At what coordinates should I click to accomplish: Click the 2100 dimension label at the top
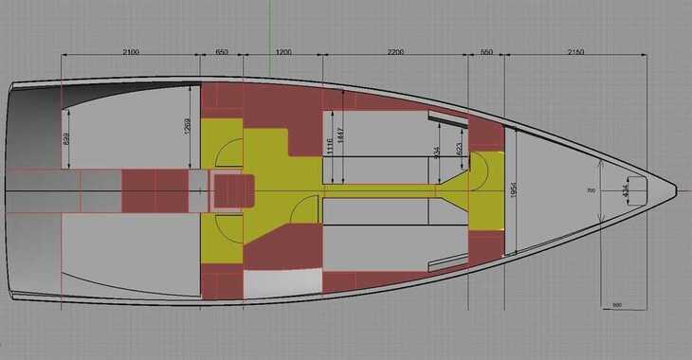(131, 49)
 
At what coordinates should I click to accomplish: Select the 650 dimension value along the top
(222, 49)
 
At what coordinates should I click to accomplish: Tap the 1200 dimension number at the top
(283, 49)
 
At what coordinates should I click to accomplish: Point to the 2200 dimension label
(396, 49)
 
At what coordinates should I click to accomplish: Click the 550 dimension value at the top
(486, 49)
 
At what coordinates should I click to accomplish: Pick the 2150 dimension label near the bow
(574, 49)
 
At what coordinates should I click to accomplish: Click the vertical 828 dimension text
(65, 139)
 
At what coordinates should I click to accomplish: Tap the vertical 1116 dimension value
(329, 146)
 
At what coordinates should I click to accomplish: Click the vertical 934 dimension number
(436, 152)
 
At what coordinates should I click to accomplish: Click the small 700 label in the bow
(591, 190)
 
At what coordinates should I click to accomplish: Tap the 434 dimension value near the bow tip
(624, 190)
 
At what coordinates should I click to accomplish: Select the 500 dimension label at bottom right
(616, 305)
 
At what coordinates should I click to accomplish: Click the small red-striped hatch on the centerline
(228, 192)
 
